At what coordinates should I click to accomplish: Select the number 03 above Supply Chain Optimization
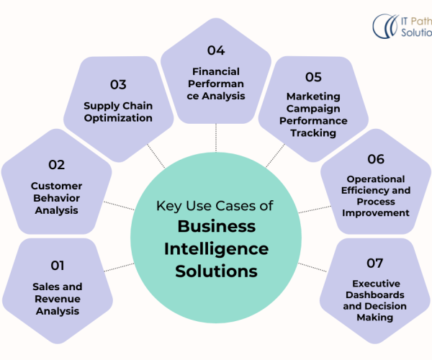pos(118,84)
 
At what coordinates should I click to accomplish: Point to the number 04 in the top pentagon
pos(216,50)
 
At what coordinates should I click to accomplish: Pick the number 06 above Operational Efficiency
pos(376,158)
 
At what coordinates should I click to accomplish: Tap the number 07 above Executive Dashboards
pos(374,263)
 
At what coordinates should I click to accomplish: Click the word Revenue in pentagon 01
pos(57,299)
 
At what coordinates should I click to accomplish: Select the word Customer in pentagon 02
pos(56,186)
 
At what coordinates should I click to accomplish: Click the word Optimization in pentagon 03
pos(118,118)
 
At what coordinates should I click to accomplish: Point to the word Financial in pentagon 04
pos(215,72)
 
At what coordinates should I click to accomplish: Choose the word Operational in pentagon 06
pos(376,179)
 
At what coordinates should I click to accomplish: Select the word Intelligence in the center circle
pos(216,249)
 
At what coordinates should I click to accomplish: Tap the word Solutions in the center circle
pos(216,271)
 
